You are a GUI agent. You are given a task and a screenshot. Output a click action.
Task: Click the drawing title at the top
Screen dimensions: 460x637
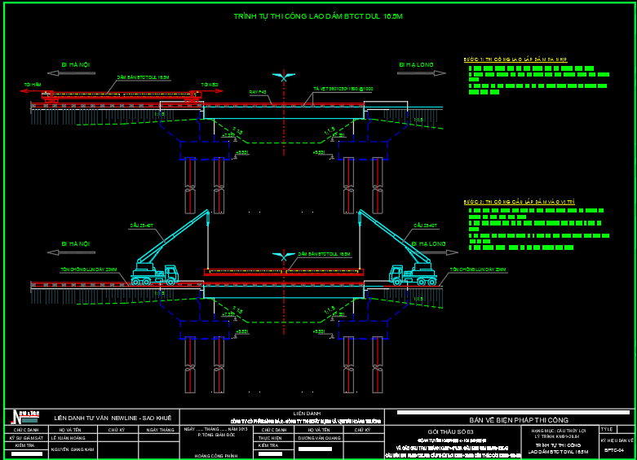(318, 15)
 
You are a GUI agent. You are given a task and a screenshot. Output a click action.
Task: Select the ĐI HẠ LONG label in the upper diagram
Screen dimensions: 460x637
(416, 64)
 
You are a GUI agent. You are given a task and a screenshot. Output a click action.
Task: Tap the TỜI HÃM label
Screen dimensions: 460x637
(33, 84)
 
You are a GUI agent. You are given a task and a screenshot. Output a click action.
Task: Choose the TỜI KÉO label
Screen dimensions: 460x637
(210, 84)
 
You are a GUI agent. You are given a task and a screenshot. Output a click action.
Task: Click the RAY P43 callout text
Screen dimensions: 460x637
(259, 92)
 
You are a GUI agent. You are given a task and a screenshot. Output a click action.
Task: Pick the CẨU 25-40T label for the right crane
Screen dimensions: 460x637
(425, 226)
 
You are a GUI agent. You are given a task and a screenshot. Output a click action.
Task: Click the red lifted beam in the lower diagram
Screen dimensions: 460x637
(284, 272)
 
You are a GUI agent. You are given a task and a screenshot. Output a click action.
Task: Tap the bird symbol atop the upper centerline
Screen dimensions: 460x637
(284, 77)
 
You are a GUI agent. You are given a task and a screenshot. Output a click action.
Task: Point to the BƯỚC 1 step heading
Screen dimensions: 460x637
(515, 59)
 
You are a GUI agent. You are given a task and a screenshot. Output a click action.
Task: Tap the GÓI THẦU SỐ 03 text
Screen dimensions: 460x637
(450, 431)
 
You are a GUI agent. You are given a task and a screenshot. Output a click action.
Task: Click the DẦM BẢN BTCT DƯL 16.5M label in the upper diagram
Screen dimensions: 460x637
(143, 77)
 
